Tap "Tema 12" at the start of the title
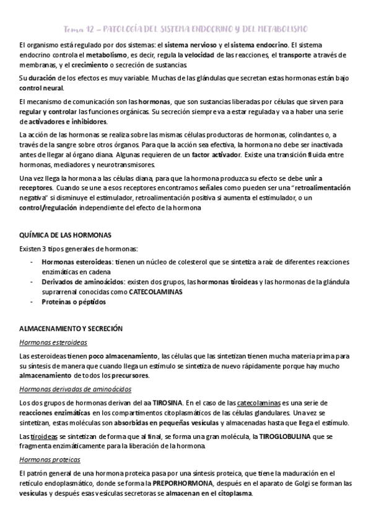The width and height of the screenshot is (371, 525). (x=79, y=29)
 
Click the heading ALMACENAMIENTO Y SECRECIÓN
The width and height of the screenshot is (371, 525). (x=71, y=328)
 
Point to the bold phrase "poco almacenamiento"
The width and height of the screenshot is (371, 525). (x=123, y=356)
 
